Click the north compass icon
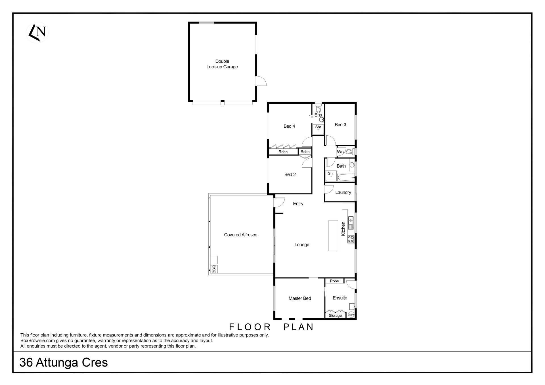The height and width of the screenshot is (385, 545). point(37,33)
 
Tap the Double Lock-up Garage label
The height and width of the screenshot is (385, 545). point(222,64)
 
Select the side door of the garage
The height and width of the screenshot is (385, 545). point(261,81)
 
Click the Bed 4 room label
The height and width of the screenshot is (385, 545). point(289,126)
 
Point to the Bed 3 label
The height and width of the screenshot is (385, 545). point(340,125)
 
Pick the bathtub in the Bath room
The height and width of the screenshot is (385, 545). point(346,178)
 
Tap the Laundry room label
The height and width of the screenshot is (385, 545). point(343,192)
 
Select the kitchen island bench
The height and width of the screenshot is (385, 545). point(334,235)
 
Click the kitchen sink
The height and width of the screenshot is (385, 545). point(351,223)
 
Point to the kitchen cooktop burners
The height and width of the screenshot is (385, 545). point(351,239)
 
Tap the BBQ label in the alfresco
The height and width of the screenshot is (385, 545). point(214,269)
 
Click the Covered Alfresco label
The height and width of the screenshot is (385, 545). point(241,235)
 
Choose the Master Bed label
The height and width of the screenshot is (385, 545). point(300,298)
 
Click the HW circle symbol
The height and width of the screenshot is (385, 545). point(351,315)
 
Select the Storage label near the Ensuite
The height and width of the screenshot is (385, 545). point(335,315)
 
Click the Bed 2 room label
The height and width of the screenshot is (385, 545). point(290,174)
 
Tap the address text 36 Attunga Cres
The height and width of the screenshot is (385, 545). point(64,363)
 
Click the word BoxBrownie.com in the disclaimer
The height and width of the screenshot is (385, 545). point(37,340)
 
